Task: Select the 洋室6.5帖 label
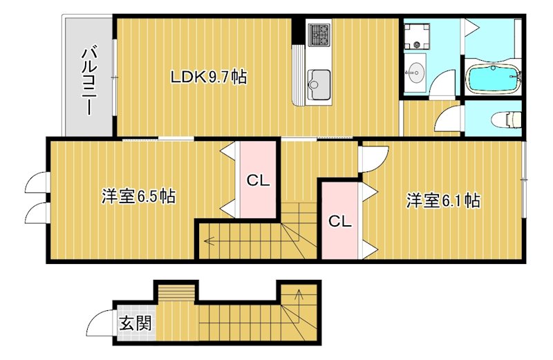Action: point(138,196)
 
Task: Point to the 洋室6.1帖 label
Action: point(443,201)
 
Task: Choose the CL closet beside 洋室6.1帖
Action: point(339,221)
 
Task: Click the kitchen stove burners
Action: point(319,34)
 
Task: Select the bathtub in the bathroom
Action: point(493,79)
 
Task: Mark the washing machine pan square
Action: point(417,37)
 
